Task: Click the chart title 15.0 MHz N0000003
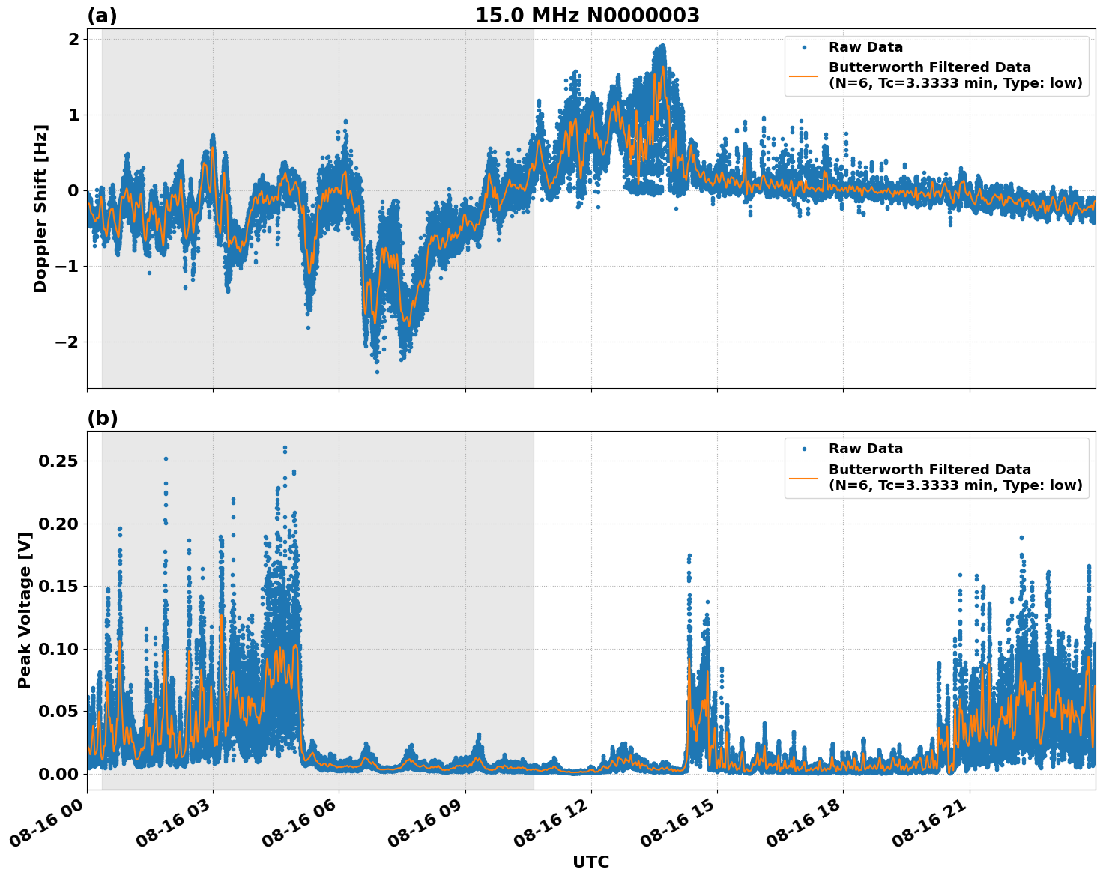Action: click(x=587, y=16)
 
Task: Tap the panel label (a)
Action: click(x=102, y=16)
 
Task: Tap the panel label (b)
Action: click(x=102, y=418)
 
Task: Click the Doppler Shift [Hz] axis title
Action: click(x=40, y=208)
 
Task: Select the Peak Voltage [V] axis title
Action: click(x=25, y=626)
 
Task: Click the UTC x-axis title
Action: click(x=590, y=862)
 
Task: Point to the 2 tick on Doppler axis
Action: click(x=73, y=39)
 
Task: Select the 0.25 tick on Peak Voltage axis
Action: click(x=58, y=461)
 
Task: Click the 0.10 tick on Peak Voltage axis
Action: click(x=58, y=649)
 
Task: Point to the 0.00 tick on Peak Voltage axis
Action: click(x=58, y=774)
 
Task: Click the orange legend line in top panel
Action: click(x=804, y=75)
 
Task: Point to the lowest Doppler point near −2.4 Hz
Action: click(x=377, y=372)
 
